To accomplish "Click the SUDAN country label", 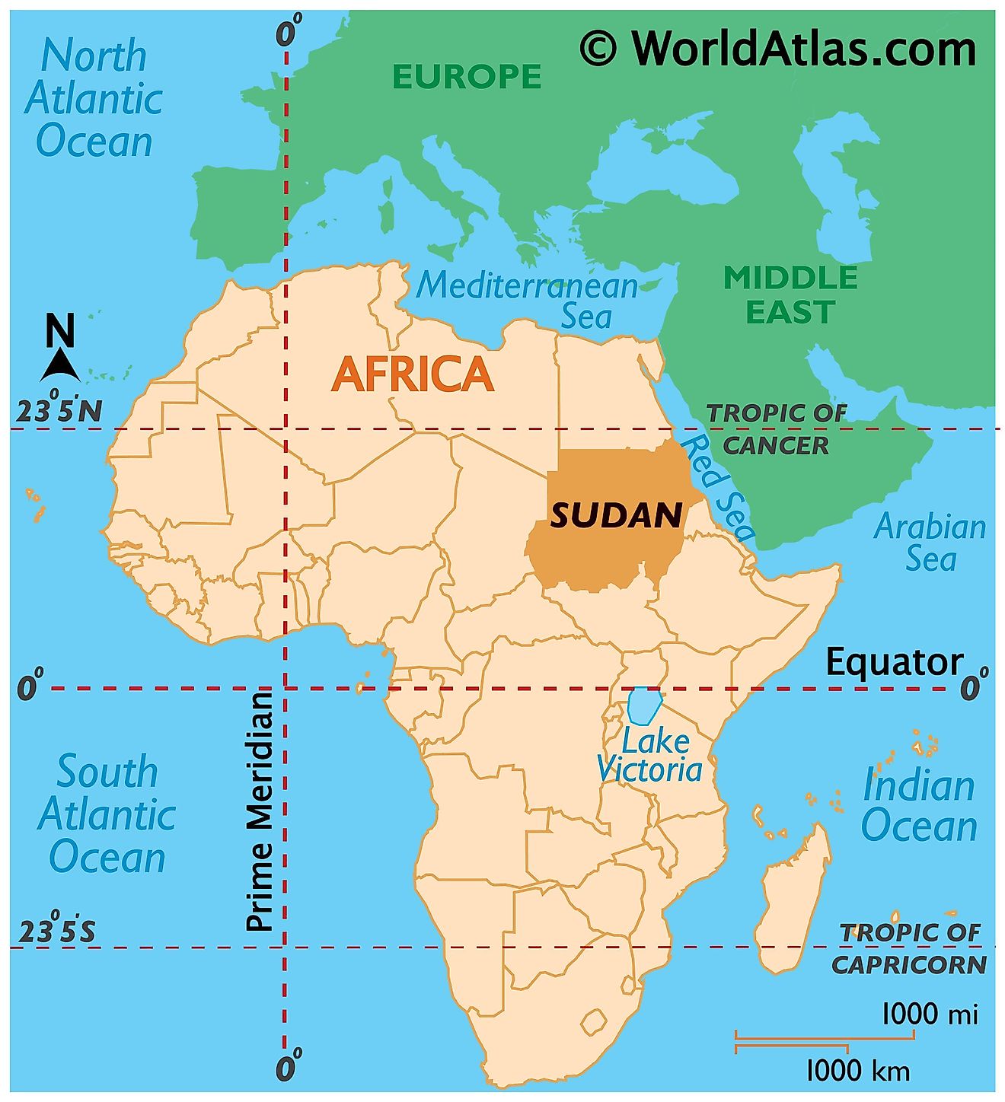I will [x=616, y=516].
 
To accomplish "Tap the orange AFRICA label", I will [x=413, y=374].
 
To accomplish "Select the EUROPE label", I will [x=467, y=76].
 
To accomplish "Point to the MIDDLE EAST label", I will [x=790, y=295].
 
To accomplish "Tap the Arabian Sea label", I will [x=930, y=542].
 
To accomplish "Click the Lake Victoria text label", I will [x=649, y=755].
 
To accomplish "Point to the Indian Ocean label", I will [x=918, y=805].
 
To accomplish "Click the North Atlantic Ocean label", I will [x=94, y=99].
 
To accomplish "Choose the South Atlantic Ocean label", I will [x=107, y=814].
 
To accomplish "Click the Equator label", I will [x=894, y=662].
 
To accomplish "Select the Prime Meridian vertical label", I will [x=260, y=811].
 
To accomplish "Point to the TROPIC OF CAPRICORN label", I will [x=909, y=948].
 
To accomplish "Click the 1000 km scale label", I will [x=857, y=1071].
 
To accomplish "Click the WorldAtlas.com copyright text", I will [x=777, y=49].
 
